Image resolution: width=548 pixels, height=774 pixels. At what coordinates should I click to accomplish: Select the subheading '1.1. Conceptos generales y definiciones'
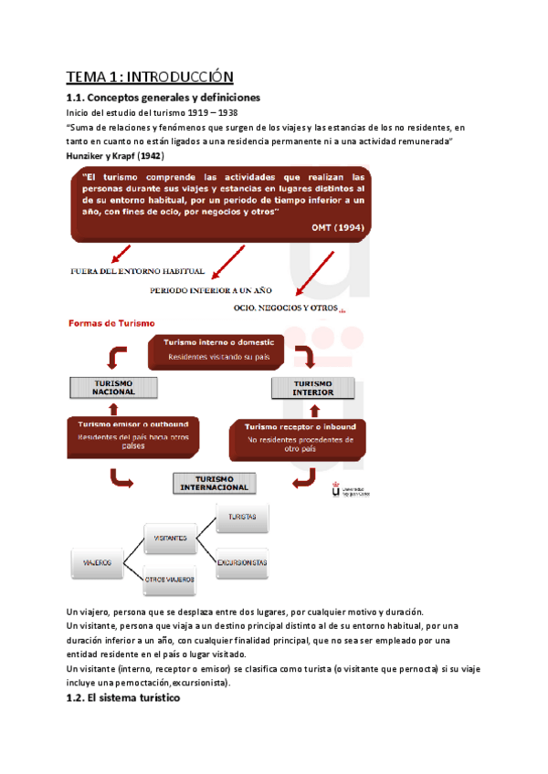164,97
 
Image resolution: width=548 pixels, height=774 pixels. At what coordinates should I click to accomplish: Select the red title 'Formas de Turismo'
111,323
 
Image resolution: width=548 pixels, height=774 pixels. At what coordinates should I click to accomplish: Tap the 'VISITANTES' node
172,538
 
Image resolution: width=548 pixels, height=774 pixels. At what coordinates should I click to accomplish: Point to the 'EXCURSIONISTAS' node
243,562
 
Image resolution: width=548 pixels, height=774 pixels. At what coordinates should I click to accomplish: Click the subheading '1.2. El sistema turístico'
124,698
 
